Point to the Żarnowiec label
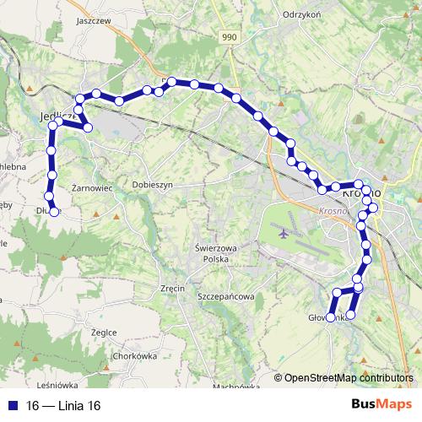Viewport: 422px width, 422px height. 93,187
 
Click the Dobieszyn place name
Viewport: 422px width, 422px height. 153,183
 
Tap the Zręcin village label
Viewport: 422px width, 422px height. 172,288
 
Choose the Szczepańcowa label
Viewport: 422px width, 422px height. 225,297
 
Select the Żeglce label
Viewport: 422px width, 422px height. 103,332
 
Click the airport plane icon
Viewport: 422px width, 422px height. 282,231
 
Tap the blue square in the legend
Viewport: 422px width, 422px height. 14,406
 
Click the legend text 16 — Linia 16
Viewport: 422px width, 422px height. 63,406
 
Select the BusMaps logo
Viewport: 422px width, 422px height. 381,405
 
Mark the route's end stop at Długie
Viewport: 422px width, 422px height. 55,213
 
